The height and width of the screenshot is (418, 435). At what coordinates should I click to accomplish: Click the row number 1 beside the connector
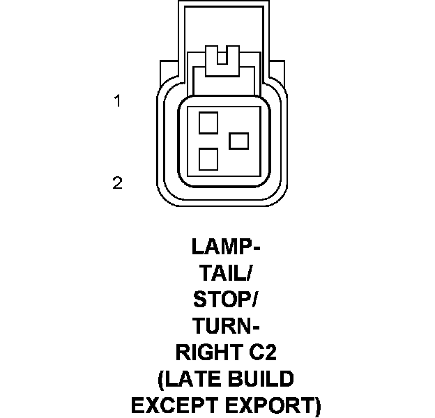point(118,102)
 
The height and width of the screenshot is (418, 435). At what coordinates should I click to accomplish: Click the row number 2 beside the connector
point(117,183)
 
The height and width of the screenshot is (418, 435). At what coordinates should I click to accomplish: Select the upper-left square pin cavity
point(208,123)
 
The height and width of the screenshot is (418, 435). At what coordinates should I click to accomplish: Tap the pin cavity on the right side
point(239,141)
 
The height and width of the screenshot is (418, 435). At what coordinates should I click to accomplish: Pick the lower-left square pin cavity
point(208,160)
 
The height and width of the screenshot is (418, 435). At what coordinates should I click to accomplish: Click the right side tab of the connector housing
point(277,73)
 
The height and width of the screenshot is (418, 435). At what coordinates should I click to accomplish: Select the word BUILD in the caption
point(257,379)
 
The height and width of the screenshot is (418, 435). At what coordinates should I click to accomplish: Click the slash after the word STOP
point(254,300)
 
